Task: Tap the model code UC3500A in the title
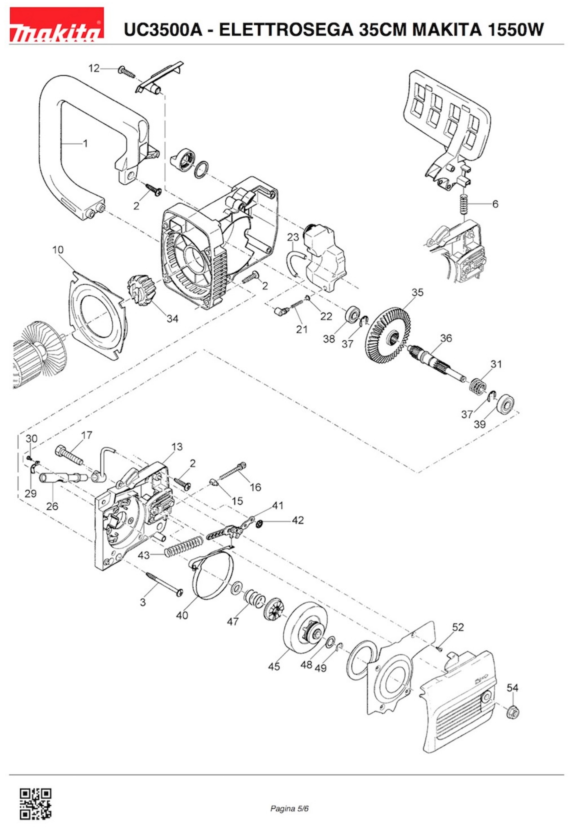point(163,30)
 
